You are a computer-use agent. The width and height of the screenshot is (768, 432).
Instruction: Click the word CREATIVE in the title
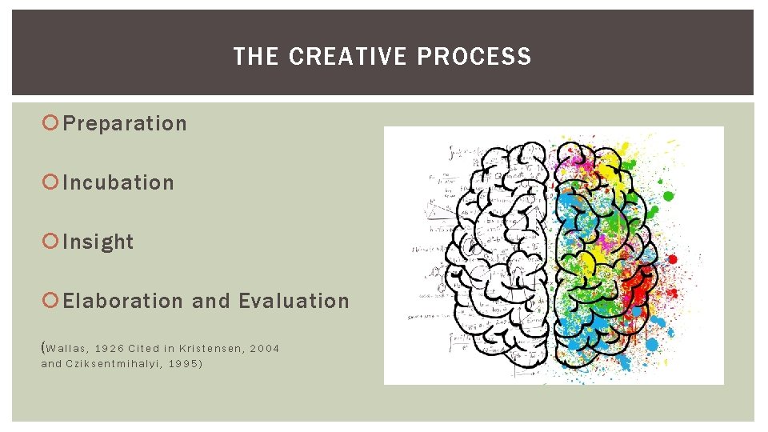tap(348, 57)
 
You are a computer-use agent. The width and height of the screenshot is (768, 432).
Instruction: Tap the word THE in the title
tap(256, 57)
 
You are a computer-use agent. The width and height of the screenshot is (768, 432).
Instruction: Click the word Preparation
tap(125, 124)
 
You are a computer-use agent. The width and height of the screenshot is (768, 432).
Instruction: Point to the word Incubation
tap(118, 183)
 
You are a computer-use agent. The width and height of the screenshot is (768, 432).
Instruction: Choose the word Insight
tap(98, 242)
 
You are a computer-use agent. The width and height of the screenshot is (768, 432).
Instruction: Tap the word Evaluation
tap(294, 302)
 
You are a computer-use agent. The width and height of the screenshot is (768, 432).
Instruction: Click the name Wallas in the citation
tap(66, 348)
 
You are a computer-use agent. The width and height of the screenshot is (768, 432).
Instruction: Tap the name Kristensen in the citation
tap(209, 348)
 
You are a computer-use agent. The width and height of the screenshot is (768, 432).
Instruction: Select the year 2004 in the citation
tap(265, 348)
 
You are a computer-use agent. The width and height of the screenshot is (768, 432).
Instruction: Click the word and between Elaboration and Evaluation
tap(211, 302)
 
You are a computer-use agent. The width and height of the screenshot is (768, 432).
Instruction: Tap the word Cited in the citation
tap(144, 348)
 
